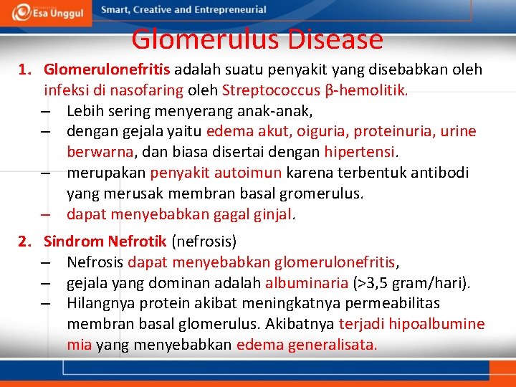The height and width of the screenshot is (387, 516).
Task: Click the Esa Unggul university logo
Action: (47, 12)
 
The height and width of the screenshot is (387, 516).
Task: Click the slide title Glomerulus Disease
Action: (257, 39)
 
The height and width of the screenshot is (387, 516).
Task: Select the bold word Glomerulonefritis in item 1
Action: (107, 70)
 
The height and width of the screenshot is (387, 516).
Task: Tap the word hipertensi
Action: (360, 152)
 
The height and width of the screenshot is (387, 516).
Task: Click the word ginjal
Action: (272, 214)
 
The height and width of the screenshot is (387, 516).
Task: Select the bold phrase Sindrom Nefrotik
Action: (105, 242)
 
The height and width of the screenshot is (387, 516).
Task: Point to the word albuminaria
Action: (302, 283)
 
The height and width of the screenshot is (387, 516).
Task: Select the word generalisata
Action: (332, 345)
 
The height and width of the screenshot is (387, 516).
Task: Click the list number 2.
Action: (24, 242)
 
